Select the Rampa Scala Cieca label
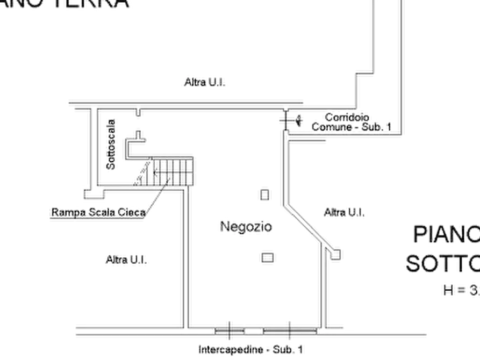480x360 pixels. coord(97,213)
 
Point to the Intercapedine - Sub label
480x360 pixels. coord(250,349)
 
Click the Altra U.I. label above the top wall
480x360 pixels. coord(206,83)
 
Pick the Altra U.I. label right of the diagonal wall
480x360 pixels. coord(345,213)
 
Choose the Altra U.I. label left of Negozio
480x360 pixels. coord(126,260)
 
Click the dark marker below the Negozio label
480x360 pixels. coord(267,257)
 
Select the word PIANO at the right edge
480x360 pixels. coord(446,235)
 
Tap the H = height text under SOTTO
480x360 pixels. coord(460,291)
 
